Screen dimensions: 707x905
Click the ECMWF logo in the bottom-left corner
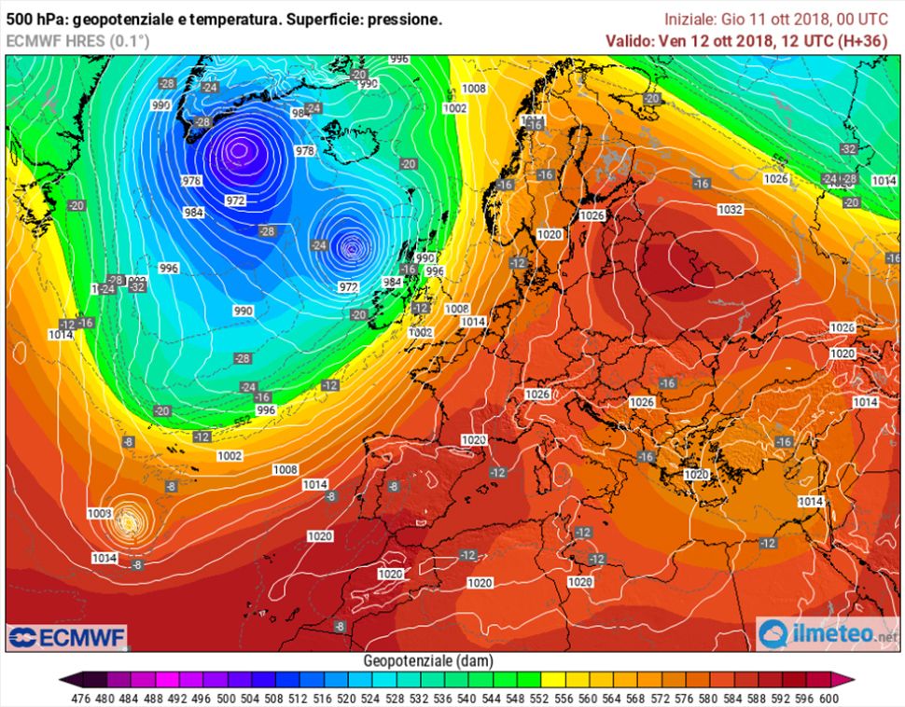pos(67,638)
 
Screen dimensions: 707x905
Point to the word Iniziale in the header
pos(691,19)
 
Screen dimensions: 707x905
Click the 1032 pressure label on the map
pos(730,210)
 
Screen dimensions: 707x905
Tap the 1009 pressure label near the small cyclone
pos(99,513)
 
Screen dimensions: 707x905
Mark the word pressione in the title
pos(406,20)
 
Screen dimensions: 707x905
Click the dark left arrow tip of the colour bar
pos(63,679)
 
